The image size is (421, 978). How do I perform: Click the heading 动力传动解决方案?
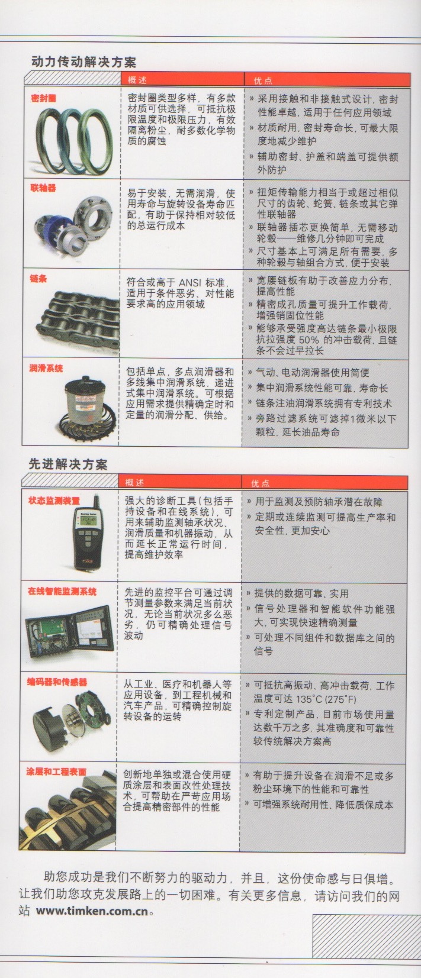pyautogui.click(x=83, y=62)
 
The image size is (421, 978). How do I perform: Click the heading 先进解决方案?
pyautogui.click(x=68, y=464)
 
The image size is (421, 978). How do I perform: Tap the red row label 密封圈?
pyautogui.click(x=43, y=98)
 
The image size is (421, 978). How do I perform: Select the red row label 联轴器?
pyautogui.click(x=43, y=188)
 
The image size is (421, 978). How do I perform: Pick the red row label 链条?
pyautogui.click(x=38, y=278)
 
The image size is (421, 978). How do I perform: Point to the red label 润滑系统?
pyautogui.click(x=46, y=368)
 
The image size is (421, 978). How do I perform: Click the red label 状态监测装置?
pyautogui.click(x=54, y=501)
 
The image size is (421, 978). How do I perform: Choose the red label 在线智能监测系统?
pyautogui.click(x=62, y=592)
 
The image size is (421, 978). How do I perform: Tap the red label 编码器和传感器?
pyautogui.click(x=57, y=682)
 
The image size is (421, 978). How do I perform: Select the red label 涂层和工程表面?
pyautogui.click(x=56, y=772)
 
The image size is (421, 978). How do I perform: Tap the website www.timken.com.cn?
pyautogui.click(x=92, y=911)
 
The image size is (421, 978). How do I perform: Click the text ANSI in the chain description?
pyautogui.click(x=189, y=282)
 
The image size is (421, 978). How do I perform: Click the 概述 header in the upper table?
pyautogui.click(x=137, y=80)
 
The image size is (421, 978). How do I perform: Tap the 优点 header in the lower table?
pyautogui.click(x=261, y=483)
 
